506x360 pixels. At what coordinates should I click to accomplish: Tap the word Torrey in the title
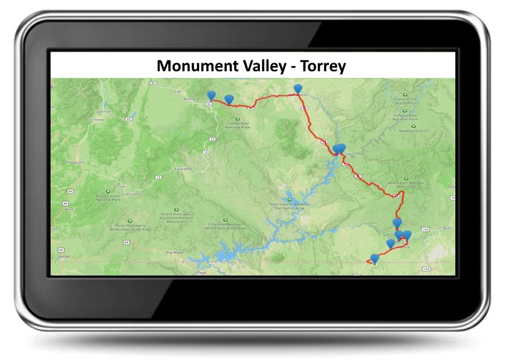coord(320,66)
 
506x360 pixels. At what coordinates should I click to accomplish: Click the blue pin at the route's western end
coord(212,96)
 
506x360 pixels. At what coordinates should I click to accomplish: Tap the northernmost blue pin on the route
coord(297,89)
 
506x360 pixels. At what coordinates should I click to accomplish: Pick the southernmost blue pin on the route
coord(375,258)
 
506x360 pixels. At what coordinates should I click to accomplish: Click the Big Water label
coord(174,252)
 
